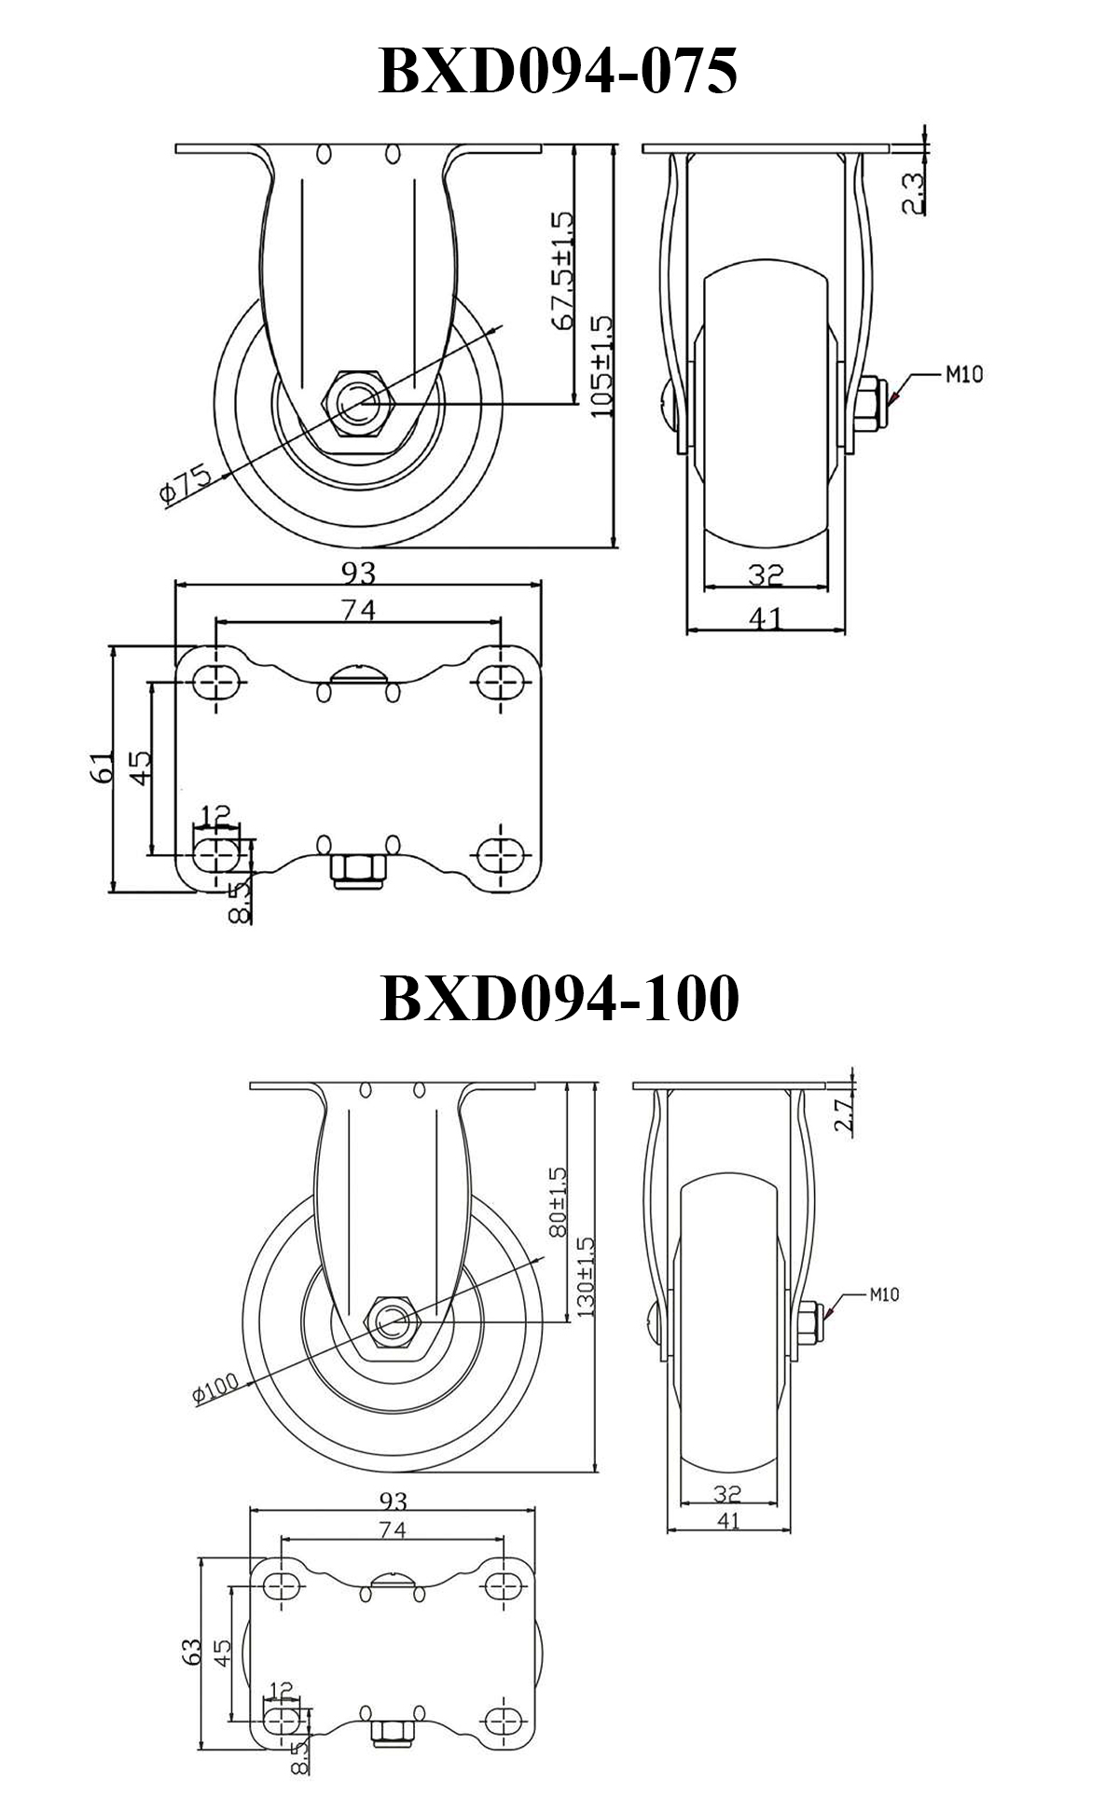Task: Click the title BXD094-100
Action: coord(559,997)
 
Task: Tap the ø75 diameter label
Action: coord(186,483)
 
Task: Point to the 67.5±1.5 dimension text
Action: coord(562,270)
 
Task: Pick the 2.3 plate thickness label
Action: coord(914,192)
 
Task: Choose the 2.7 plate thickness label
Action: coord(843,1115)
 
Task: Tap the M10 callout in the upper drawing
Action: coord(964,375)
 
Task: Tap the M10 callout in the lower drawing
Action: coord(884,1294)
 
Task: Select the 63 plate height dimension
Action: coord(192,1652)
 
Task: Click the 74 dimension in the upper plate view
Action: coord(358,610)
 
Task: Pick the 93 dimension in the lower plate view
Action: coord(394,1501)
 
